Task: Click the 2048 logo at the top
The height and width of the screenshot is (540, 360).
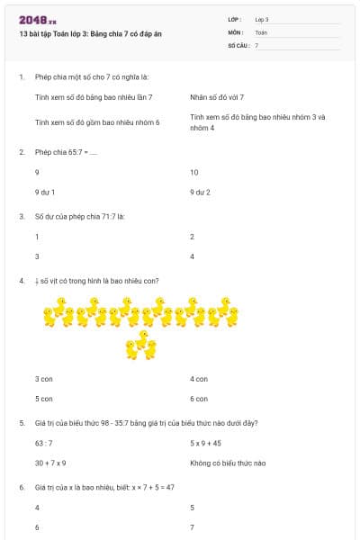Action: tap(37, 20)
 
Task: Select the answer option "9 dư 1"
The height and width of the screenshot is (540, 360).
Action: tap(45, 192)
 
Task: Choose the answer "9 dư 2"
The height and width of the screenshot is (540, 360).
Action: tap(200, 192)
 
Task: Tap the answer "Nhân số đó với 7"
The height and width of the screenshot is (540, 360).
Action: tap(217, 96)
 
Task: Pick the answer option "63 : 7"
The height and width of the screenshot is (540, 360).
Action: tap(44, 443)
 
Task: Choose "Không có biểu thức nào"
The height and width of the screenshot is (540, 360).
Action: tap(228, 463)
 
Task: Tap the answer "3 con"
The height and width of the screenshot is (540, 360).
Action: tap(44, 379)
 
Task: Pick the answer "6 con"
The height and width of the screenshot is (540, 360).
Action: tap(199, 399)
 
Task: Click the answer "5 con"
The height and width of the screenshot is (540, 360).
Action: tap(44, 399)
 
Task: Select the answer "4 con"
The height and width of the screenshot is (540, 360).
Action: tap(199, 379)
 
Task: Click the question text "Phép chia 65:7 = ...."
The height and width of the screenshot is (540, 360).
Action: tap(66, 152)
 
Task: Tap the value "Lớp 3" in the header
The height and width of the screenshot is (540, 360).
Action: tap(262, 19)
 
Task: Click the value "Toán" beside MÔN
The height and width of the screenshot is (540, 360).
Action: tap(261, 31)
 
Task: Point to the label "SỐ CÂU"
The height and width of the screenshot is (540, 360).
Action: tap(238, 44)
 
